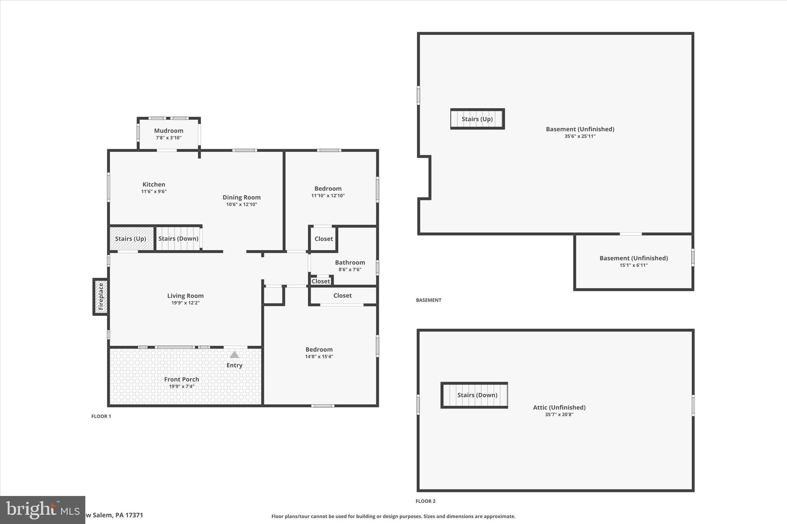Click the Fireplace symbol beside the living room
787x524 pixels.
[101, 297]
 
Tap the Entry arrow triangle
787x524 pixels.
[234, 355]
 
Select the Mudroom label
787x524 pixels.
[169, 131]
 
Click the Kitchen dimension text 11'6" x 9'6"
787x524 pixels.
[154, 192]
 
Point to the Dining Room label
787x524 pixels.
[241, 197]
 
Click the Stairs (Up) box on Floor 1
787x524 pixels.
[131, 239]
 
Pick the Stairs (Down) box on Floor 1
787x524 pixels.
[178, 239]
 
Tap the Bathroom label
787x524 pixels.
[350, 263]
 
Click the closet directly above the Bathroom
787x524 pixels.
[324, 239]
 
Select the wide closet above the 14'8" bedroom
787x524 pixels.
[342, 296]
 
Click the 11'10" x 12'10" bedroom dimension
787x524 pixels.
[328, 196]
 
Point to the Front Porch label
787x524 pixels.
[181, 379]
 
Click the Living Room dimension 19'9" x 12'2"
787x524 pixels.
[185, 303]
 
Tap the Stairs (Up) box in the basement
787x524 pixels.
[477, 119]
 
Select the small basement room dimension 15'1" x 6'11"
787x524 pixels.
[633, 265]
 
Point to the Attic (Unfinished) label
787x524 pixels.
[559, 407]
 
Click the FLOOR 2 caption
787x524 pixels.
[425, 501]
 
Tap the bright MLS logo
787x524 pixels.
[42, 510]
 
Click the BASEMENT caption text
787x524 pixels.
[428, 300]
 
